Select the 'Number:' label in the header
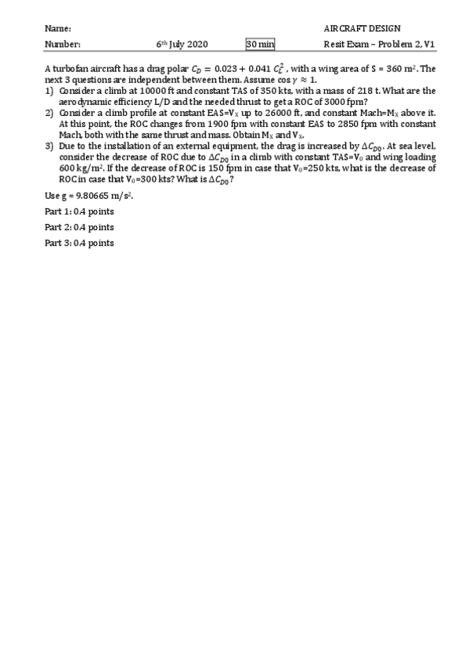62,45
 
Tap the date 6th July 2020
181,45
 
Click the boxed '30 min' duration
261,45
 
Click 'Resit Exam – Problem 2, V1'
379,45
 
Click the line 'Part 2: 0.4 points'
79,227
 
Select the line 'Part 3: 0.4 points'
79,244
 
